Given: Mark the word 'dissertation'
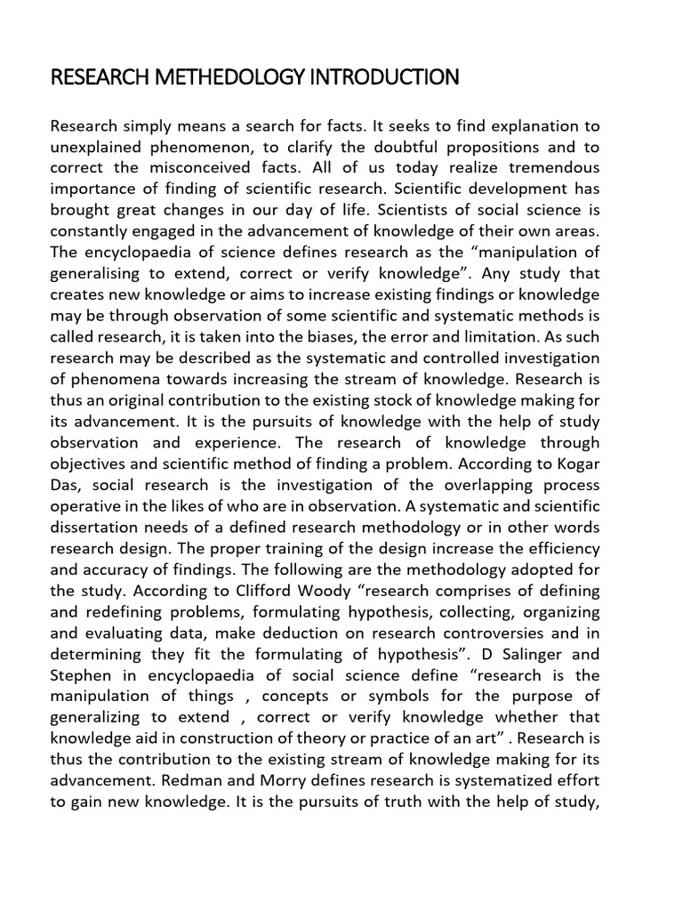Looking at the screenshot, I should coord(96,528).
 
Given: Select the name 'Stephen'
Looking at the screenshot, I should coord(81,675).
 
